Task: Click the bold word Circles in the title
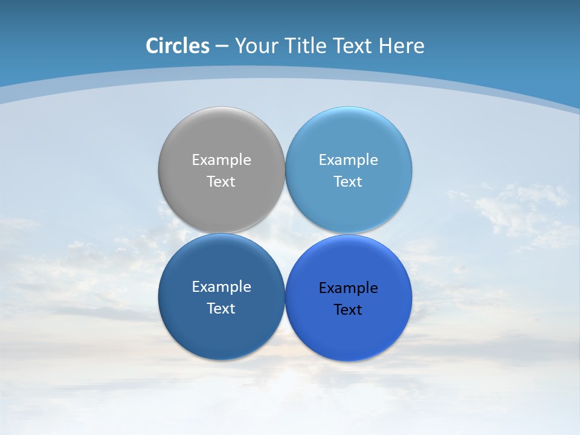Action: tap(178, 46)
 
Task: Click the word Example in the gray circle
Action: tap(221, 159)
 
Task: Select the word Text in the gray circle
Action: tap(221, 181)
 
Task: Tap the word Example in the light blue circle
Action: tap(348, 159)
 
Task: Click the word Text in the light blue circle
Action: tap(348, 181)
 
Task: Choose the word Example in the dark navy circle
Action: tap(221, 286)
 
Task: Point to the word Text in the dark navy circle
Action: tap(221, 308)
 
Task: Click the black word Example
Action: tap(348, 288)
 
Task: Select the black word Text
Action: tap(348, 309)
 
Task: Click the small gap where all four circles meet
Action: tap(285, 234)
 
